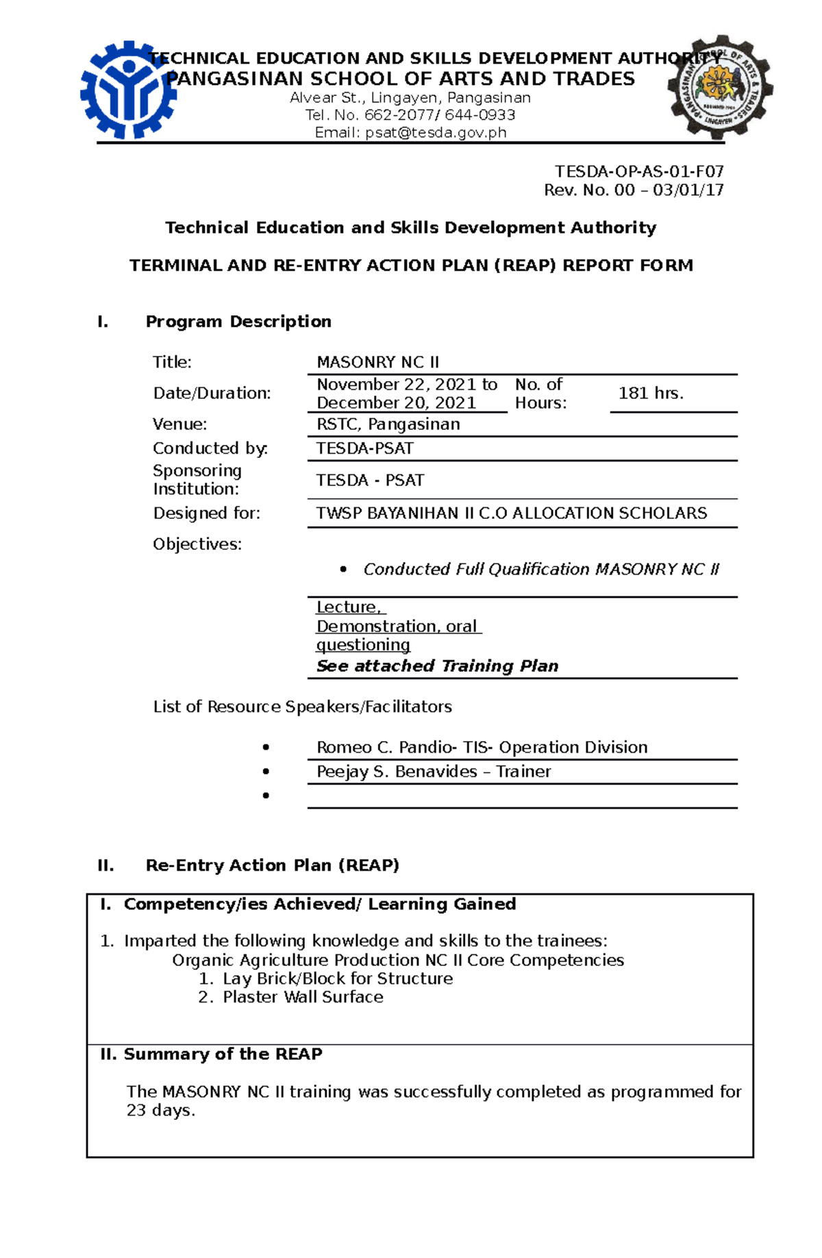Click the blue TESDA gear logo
(x=128, y=90)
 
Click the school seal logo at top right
(x=721, y=87)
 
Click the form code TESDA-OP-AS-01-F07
(x=639, y=171)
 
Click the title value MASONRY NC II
(x=377, y=362)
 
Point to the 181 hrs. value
(x=651, y=393)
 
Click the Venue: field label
(x=179, y=424)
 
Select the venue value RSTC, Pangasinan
(x=388, y=424)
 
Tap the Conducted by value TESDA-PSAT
(x=364, y=448)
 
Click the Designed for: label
(x=206, y=513)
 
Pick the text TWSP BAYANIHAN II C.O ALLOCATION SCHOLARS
(x=511, y=513)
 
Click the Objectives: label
(x=197, y=544)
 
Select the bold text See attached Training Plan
(x=437, y=666)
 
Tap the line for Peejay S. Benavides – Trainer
(x=433, y=771)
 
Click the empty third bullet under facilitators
(x=266, y=795)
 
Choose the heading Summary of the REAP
(x=223, y=1054)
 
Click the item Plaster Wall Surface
(x=302, y=997)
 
